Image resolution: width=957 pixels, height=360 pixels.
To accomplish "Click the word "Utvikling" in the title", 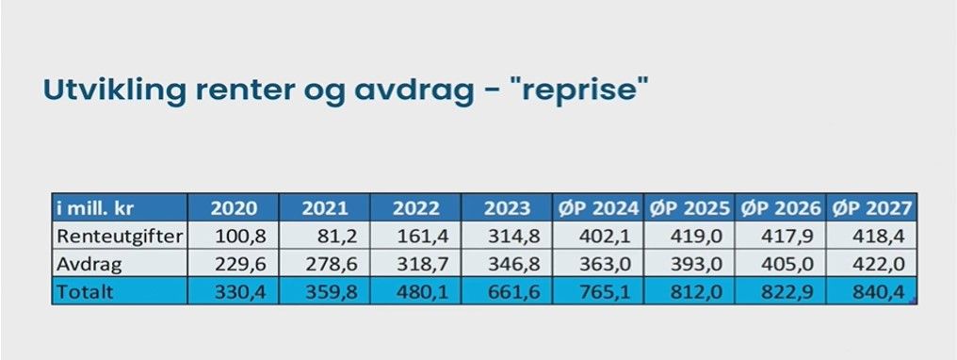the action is pyautogui.click(x=115, y=91).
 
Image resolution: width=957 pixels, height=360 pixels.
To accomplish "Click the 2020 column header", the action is pyautogui.click(x=234, y=208).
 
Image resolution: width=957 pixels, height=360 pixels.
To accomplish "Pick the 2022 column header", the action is pyautogui.click(x=415, y=208).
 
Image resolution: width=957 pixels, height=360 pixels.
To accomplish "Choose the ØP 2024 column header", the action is pyautogui.click(x=598, y=208).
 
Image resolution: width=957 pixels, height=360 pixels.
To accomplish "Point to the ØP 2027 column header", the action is pyautogui.click(x=871, y=208).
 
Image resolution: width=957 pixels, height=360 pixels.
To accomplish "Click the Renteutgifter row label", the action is pyautogui.click(x=119, y=237).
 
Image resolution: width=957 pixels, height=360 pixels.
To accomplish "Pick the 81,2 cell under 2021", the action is pyautogui.click(x=339, y=237).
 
